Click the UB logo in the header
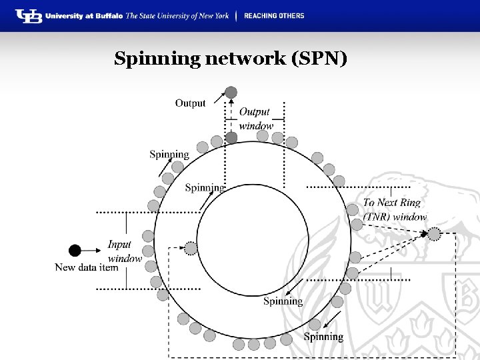29,16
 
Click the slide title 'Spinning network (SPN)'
231,59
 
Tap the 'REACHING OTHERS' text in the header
274,16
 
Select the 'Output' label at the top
190,103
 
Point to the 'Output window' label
255,119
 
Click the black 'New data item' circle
75,250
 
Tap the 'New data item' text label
86,267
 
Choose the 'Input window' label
125,251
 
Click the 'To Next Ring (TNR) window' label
395,209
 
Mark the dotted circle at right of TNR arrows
434,233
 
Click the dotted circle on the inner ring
191,249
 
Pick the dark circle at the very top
231,92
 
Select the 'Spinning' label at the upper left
169,154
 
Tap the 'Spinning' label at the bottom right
323,337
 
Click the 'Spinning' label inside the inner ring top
204,187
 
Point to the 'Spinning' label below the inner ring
283,301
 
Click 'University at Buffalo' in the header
84,16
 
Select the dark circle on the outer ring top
231,137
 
